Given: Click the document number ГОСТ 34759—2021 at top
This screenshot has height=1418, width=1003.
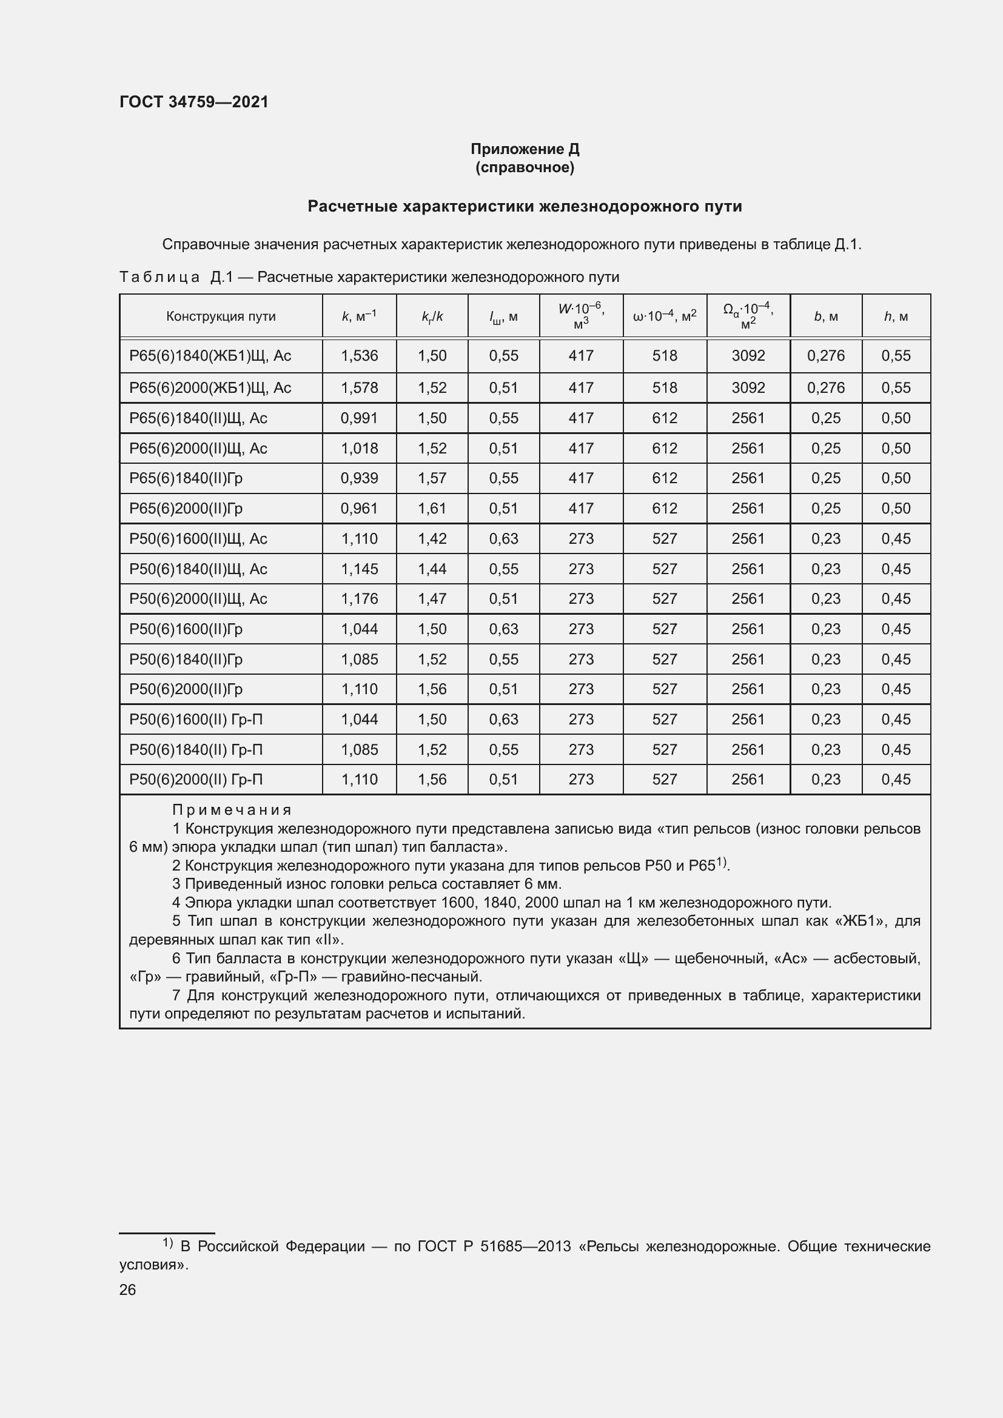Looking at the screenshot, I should pos(194,102).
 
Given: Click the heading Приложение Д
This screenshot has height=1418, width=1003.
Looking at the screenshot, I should pos(525,149).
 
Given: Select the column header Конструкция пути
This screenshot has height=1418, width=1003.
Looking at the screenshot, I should pos(221,316).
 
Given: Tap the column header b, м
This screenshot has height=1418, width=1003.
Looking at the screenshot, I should pos(826,316).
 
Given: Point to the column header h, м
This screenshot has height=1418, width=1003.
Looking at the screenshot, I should pos(896,316).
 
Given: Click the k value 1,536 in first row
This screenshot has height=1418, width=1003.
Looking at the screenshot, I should pos(360,356).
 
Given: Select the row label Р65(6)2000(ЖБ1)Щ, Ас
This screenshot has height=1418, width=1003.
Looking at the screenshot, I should pos(210,388).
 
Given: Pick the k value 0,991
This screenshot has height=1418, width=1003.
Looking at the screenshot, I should pos(360,418).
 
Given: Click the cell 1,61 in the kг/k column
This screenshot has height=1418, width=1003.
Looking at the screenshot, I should pos(432,508).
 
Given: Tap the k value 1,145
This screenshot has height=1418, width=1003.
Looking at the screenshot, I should pos(360,569).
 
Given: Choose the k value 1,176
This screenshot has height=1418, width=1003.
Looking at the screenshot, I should pos(360,598).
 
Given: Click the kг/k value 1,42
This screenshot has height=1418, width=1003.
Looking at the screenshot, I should pos(432,538).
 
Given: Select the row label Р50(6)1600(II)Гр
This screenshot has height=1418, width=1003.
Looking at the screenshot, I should pos(186,629).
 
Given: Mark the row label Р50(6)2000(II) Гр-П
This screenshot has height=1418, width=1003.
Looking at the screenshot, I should pos(196,780).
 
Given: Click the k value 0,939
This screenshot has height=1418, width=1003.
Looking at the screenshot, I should pos(360,478).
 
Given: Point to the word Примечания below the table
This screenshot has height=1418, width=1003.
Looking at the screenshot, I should pos(232,810).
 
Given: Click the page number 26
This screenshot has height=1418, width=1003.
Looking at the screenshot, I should pos(128,1289).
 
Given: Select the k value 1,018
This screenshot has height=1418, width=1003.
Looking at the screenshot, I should pos(360,449).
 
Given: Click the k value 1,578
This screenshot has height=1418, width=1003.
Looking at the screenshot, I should pos(360,388).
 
